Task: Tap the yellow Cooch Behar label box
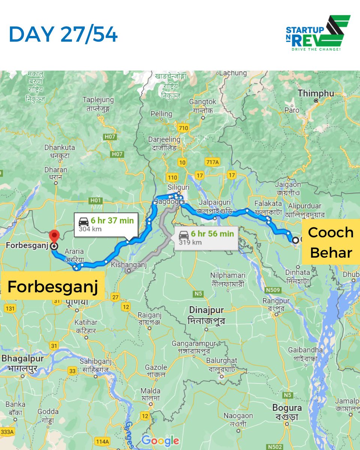tap(331, 242)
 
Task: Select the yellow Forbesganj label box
tap(52, 287)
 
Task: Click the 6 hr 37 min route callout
tap(106, 225)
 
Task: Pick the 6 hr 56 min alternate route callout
tap(206, 238)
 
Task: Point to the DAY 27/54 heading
tap(63, 34)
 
